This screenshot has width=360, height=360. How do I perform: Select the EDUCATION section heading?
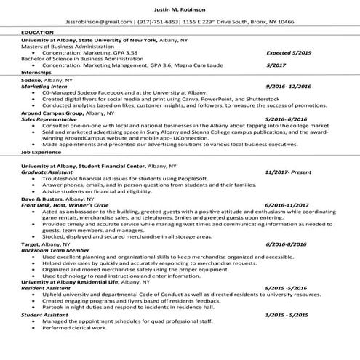click(37, 33)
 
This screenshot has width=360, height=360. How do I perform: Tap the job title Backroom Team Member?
click(53, 250)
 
